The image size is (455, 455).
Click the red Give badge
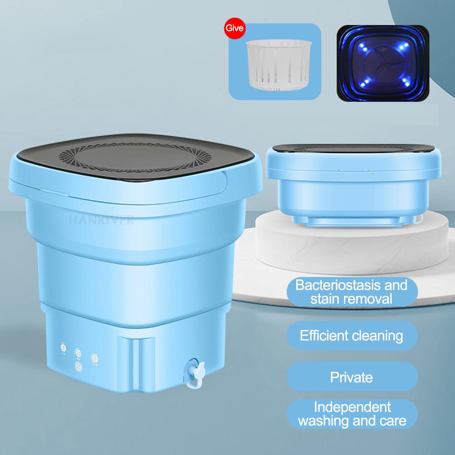click(x=235, y=28)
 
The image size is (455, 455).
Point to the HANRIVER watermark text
click(x=101, y=221)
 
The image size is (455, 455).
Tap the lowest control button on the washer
click(x=79, y=365)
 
